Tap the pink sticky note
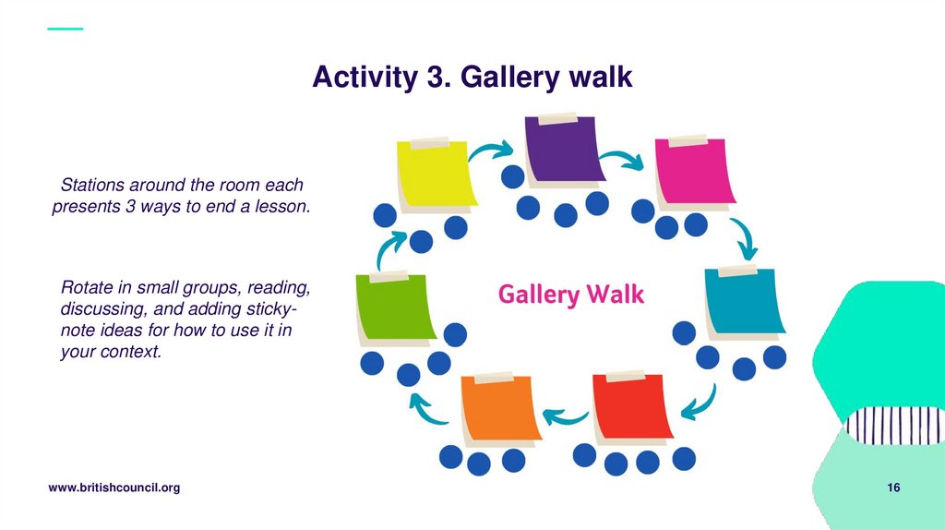pyautogui.click(x=695, y=170)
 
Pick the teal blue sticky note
pyautogui.click(x=744, y=302)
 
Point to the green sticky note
pyautogui.click(x=395, y=307)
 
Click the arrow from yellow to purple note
pyautogui.click(x=492, y=151)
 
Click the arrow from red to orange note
pyautogui.click(x=566, y=417)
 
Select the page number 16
pyautogui.click(x=893, y=488)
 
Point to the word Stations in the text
pyautogui.click(x=90, y=186)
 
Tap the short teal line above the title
pyautogui.click(x=65, y=29)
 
